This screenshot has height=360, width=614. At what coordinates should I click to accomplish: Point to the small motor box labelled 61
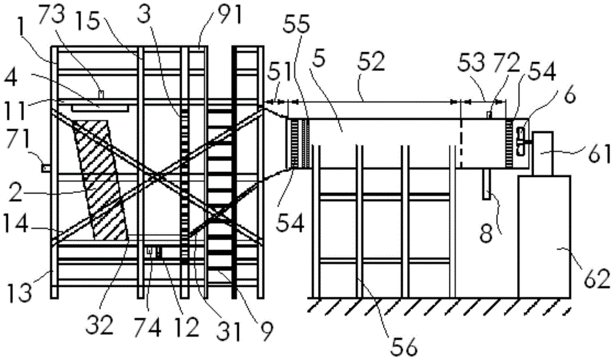click(544, 153)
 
